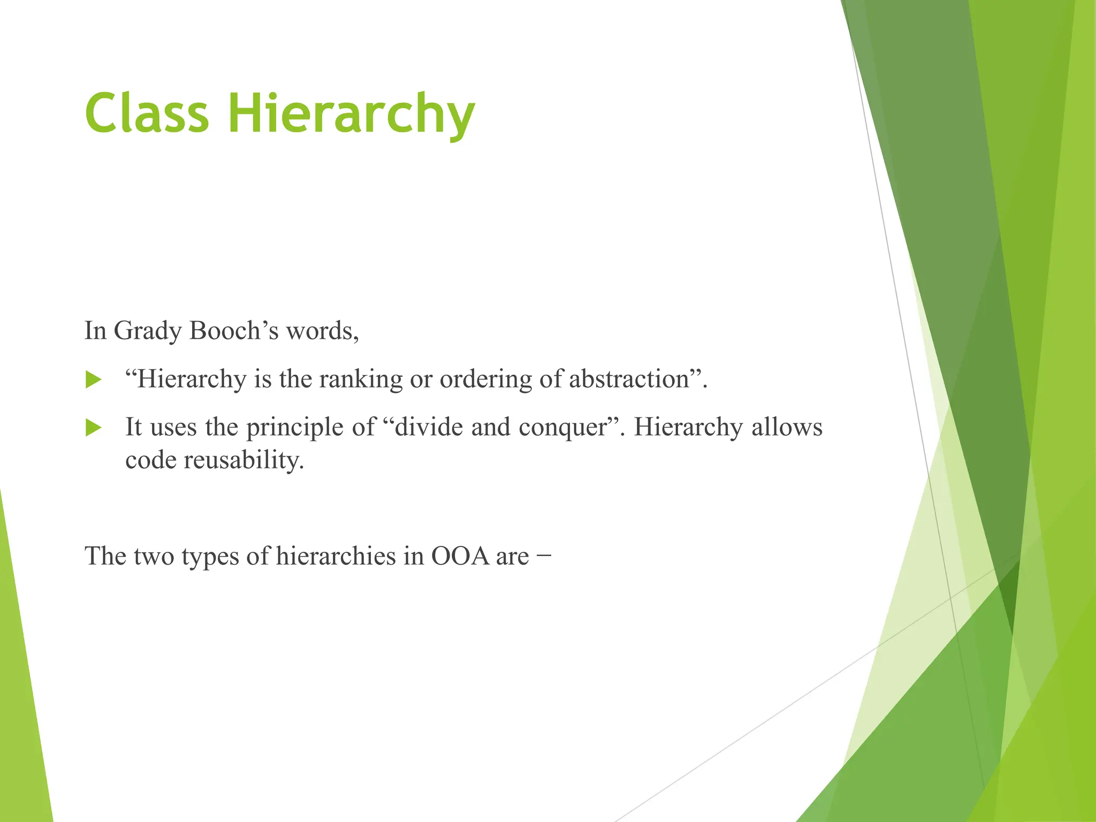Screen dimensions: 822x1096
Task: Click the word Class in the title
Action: pyautogui.click(x=147, y=113)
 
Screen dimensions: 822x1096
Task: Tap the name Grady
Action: pyautogui.click(x=148, y=331)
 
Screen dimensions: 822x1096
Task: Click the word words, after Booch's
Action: pyautogui.click(x=322, y=331)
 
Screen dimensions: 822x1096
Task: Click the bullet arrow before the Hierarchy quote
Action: pyautogui.click(x=93, y=380)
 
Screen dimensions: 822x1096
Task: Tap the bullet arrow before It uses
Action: pyautogui.click(x=93, y=428)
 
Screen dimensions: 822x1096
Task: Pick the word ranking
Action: pyautogui.click(x=361, y=380)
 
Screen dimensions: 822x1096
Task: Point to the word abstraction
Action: pyautogui.click(x=629, y=379)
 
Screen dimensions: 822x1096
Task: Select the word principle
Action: pyautogui.click(x=294, y=428)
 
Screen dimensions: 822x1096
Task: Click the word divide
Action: pyautogui.click(x=429, y=427)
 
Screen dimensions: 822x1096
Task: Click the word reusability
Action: pyautogui.click(x=243, y=460)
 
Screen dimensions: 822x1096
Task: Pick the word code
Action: pyautogui.click(x=150, y=460)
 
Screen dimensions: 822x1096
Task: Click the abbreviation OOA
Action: pyautogui.click(x=460, y=556)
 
